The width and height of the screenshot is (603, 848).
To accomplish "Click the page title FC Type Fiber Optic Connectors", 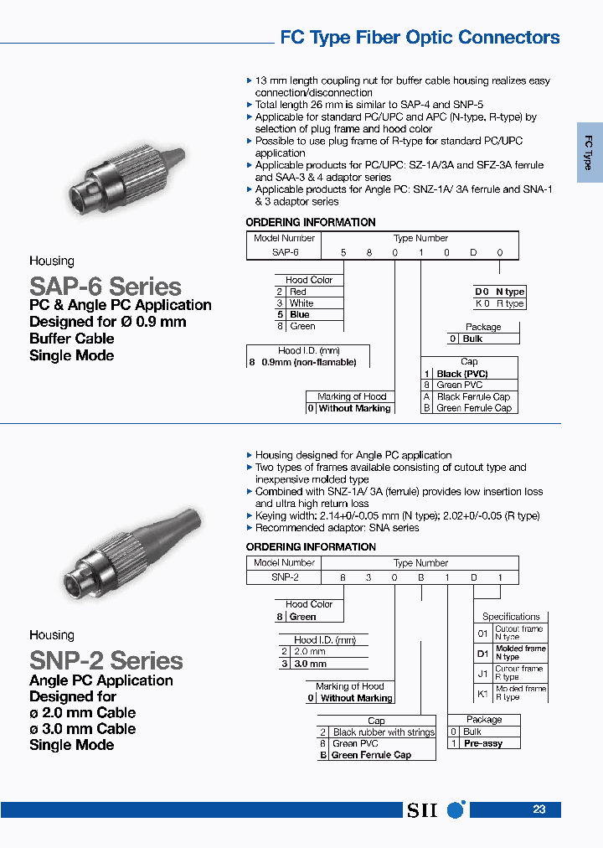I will pyautogui.click(x=419, y=38).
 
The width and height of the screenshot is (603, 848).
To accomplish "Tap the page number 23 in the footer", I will pyautogui.click(x=539, y=809).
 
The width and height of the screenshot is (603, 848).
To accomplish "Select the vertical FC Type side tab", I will pyautogui.click(x=589, y=153).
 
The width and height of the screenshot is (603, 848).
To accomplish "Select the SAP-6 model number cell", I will pyautogui.click(x=285, y=251).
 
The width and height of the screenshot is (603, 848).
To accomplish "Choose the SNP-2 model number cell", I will pyautogui.click(x=285, y=577).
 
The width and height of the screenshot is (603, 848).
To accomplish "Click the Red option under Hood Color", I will pyautogui.click(x=298, y=292).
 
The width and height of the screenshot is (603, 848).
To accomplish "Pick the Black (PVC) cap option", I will pyautogui.click(x=462, y=374).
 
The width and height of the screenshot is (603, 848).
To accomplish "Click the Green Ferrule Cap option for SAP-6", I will pyautogui.click(x=473, y=408).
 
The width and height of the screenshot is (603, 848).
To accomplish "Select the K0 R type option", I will pyautogui.click(x=499, y=303).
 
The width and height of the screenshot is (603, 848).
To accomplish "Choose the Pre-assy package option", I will pyautogui.click(x=484, y=743).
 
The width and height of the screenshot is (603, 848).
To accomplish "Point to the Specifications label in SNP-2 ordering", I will pyautogui.click(x=511, y=617).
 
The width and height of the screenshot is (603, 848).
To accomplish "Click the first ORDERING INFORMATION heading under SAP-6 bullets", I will pyautogui.click(x=310, y=222).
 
